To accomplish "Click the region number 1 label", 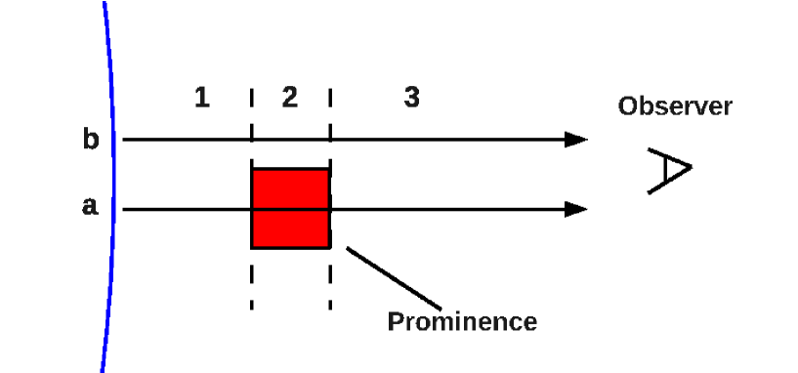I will click(x=201, y=98).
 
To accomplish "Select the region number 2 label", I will click(x=289, y=98).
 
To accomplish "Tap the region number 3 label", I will click(x=412, y=98).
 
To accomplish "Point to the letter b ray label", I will click(x=91, y=140).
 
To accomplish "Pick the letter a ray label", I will click(x=90, y=208).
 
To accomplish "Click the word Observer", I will click(x=675, y=106).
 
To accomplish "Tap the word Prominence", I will click(x=462, y=321).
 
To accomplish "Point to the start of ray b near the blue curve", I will click(x=125, y=140).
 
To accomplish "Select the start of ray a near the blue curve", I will click(x=125, y=209).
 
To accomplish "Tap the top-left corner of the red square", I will click(x=253, y=170).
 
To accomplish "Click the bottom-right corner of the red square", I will click(x=329, y=247).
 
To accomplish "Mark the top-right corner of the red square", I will click(x=329, y=170).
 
